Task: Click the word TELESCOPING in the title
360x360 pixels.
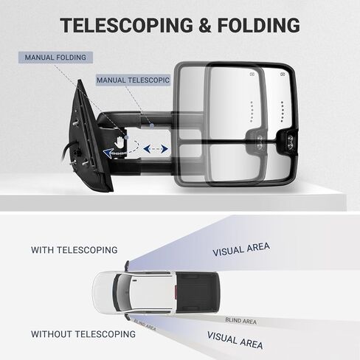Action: click(127, 25)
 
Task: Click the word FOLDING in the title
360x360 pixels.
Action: click(259, 25)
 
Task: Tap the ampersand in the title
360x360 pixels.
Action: click(205, 25)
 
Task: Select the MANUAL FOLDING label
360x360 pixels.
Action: click(55, 58)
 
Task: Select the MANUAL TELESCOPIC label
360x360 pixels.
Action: click(133, 80)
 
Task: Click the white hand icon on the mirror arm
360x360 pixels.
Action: click(120, 142)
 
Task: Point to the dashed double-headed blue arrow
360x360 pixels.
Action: click(156, 148)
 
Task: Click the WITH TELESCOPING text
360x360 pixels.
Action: click(75, 250)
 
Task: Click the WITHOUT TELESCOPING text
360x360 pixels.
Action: click(83, 334)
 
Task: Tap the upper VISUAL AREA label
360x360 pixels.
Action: click(241, 249)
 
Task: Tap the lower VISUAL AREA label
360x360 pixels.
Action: click(235, 340)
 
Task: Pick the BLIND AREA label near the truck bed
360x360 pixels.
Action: click(241, 321)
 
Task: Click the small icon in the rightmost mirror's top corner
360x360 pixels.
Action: click(283, 74)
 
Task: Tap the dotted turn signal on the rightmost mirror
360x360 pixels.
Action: click(283, 111)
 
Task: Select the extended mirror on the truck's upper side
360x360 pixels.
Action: click(127, 266)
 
